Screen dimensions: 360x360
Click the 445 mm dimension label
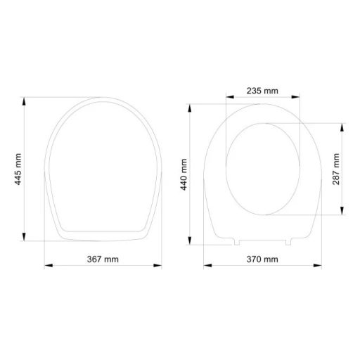coord(19,169)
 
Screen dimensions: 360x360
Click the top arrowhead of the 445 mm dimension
coord(25,101)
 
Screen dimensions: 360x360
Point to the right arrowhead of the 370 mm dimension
coord(321,266)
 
